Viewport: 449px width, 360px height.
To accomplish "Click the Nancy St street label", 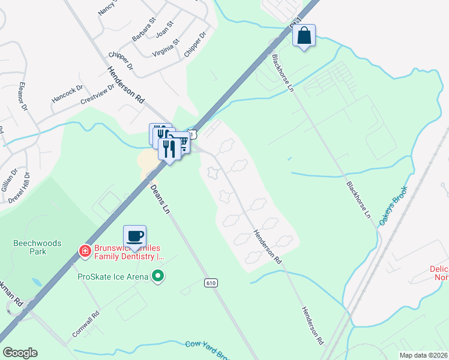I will pyautogui.click(x=109, y=7).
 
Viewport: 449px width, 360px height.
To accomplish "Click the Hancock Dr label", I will pyautogui.click(x=67, y=92).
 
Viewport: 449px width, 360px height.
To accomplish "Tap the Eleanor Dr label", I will pyautogui.click(x=23, y=96).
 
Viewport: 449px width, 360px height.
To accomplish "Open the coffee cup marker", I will pyautogui.click(x=134, y=236).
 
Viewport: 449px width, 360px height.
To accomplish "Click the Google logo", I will pyautogui.click(x=20, y=352).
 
